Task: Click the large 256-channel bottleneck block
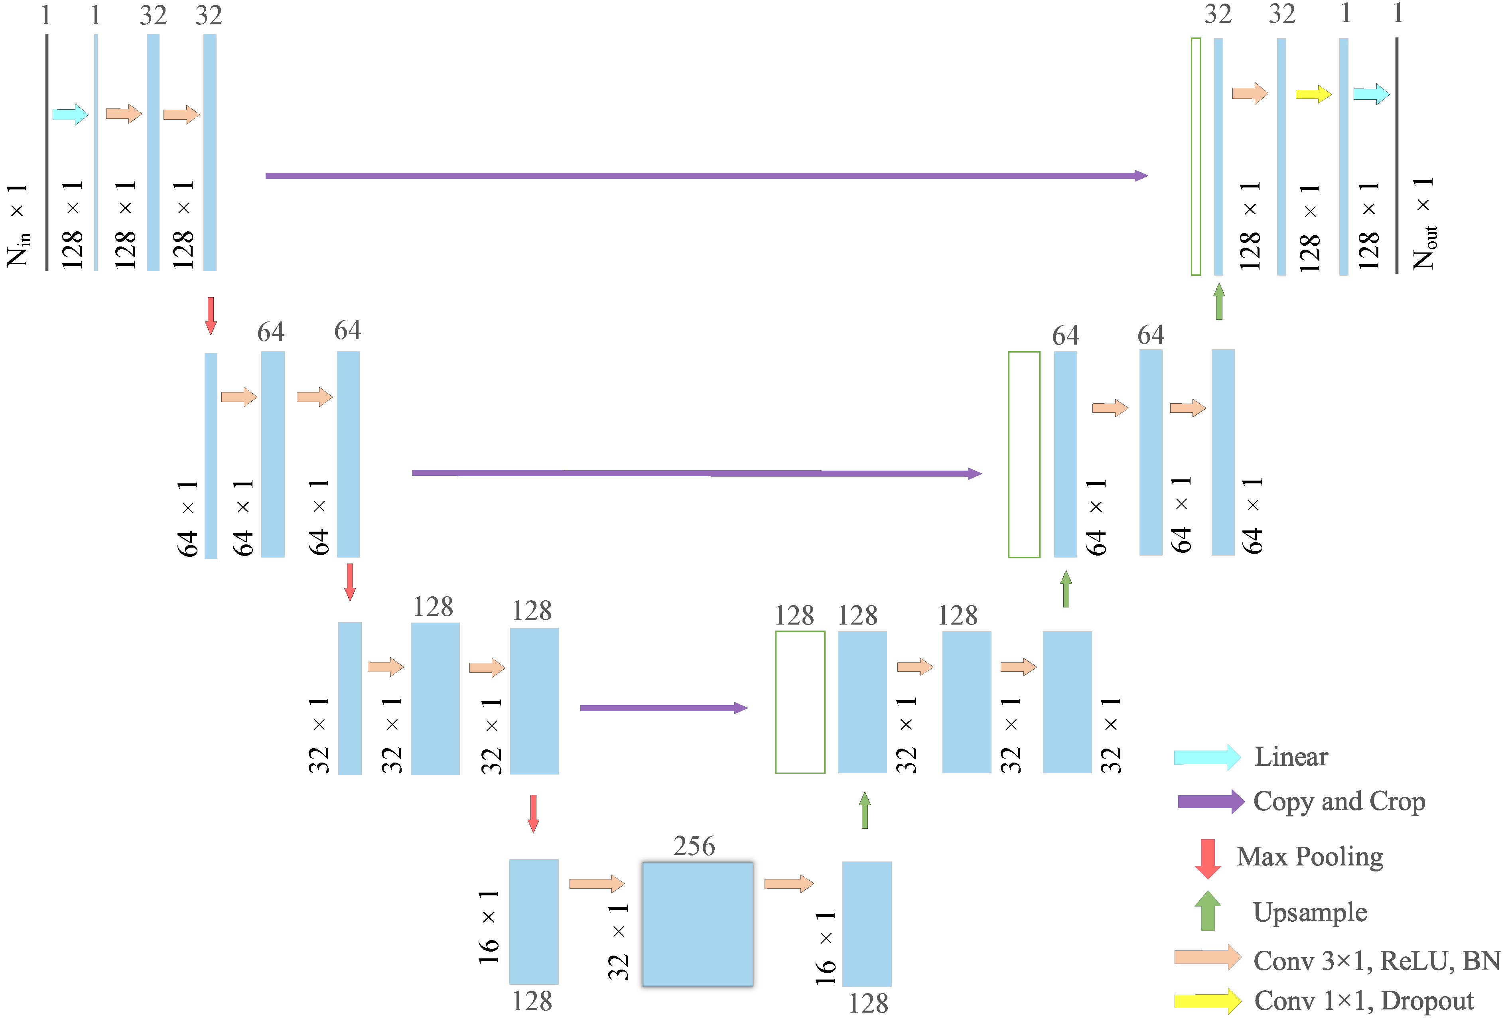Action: pyautogui.click(x=697, y=924)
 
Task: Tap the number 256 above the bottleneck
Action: pyautogui.click(x=694, y=846)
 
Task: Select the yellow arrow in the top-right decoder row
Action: pyautogui.click(x=1313, y=94)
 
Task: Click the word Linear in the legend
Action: pyautogui.click(x=1291, y=757)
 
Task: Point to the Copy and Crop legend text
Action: pyautogui.click(x=1339, y=801)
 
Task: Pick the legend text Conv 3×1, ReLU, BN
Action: pyautogui.click(x=1376, y=960)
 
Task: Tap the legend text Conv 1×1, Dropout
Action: pyautogui.click(x=1364, y=1001)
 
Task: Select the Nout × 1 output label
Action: pyautogui.click(x=1424, y=223)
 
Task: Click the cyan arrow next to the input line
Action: pyautogui.click(x=70, y=115)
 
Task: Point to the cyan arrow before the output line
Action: pyautogui.click(x=1371, y=94)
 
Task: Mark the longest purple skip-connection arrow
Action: pyautogui.click(x=706, y=175)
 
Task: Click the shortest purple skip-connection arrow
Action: pyautogui.click(x=664, y=708)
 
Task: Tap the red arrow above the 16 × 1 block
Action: pyautogui.click(x=533, y=813)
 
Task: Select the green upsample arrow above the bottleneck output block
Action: pyautogui.click(x=864, y=810)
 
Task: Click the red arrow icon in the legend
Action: pyautogui.click(x=1207, y=858)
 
